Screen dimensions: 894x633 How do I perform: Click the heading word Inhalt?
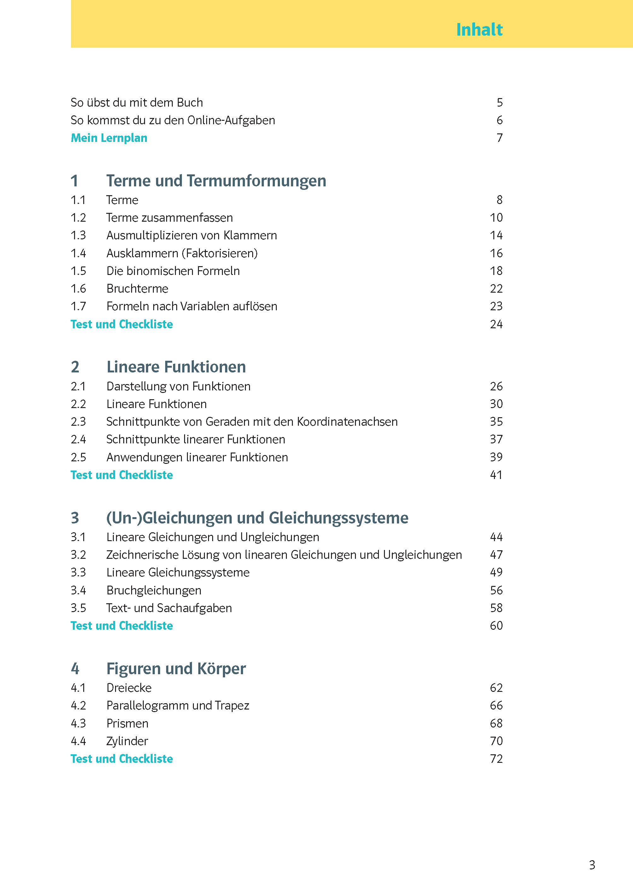[479, 30]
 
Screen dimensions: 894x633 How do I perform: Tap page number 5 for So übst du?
[499, 102]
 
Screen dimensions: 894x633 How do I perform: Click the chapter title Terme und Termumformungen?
[216, 181]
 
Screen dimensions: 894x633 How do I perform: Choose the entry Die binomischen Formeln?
[173, 271]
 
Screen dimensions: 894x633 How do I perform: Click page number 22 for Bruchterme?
[496, 289]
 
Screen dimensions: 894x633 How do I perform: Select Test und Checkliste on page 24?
[122, 324]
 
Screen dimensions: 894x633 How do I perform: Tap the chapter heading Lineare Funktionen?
[176, 367]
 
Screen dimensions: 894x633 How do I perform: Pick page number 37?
[496, 439]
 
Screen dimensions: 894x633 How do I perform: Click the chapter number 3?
[75, 518]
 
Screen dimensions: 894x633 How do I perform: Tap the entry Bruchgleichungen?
[154, 590]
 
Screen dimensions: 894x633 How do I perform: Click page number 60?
[496, 626]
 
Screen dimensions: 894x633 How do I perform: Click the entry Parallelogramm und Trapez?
[177, 706]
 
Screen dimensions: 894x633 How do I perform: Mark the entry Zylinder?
[127, 741]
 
